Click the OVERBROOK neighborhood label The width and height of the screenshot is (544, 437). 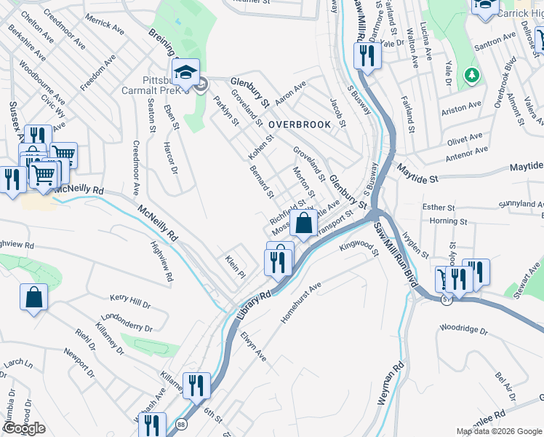tap(299, 125)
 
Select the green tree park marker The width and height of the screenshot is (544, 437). tap(472, 74)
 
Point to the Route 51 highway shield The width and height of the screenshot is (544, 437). tap(445, 299)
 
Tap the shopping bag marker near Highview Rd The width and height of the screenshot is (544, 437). tap(33, 297)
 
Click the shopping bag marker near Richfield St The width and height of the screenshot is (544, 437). tap(303, 222)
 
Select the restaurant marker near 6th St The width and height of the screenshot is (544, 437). tap(196, 385)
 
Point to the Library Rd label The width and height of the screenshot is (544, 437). tap(253, 304)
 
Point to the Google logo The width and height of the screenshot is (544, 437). tap(24, 428)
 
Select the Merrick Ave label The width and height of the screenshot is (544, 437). tap(104, 23)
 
